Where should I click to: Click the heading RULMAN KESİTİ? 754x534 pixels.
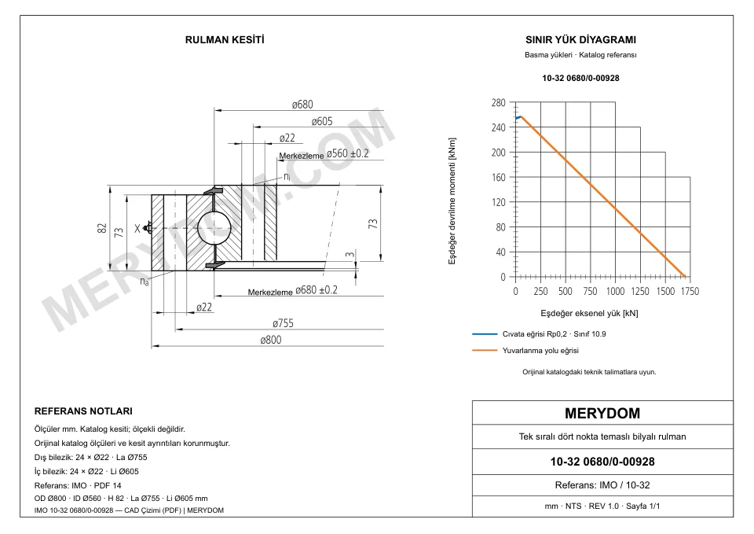point(225,40)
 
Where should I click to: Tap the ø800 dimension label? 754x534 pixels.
point(271,340)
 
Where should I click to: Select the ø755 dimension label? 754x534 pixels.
point(283,323)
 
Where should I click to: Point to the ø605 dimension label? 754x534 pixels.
point(322,121)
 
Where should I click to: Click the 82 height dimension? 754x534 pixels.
point(102,228)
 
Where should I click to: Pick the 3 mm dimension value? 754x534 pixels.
point(350,254)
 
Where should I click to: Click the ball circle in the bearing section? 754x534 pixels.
point(214,228)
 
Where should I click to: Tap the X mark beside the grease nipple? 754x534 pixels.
point(137,229)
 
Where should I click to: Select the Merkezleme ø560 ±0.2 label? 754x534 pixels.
point(324,154)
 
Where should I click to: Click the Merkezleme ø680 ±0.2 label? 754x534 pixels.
point(292,290)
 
